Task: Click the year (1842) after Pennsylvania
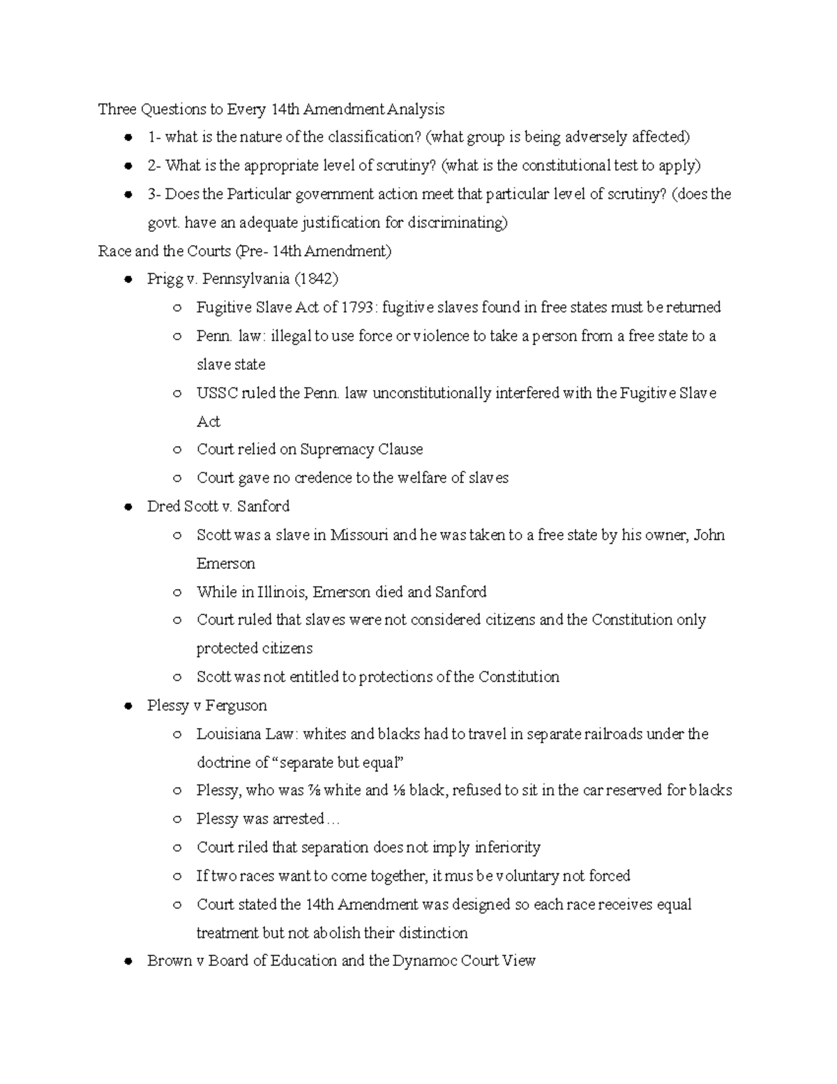click(x=316, y=279)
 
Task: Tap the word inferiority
click(x=507, y=848)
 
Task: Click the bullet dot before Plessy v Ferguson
click(x=128, y=706)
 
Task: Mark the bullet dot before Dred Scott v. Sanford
click(x=128, y=507)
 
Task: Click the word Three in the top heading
click(x=118, y=110)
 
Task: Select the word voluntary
click(x=526, y=876)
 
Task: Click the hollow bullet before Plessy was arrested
click(x=178, y=819)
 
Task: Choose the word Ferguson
click(x=236, y=706)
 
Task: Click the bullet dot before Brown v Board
click(x=128, y=962)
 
